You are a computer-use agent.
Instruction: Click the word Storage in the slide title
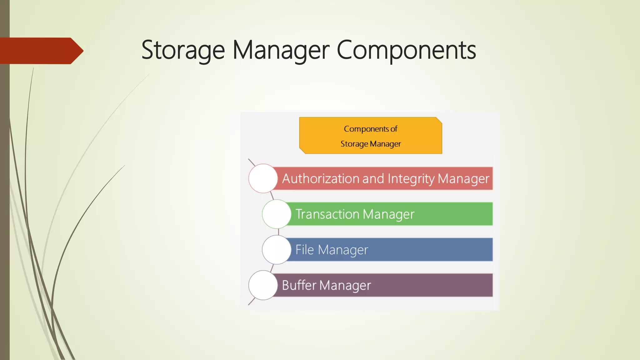(183, 50)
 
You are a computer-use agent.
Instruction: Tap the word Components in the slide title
(406, 50)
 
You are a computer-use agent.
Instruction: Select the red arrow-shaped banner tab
(41, 51)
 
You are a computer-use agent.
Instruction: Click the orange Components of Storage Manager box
(370, 136)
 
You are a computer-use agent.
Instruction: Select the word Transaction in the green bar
(327, 214)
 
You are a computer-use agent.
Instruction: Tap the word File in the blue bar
(304, 250)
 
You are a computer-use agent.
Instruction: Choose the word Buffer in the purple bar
(299, 285)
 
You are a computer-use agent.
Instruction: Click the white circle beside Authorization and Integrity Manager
(263, 178)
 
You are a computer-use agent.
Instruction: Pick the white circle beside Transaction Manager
(277, 214)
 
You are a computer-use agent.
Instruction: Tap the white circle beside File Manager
(277, 250)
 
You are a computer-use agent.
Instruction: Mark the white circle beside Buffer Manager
(263, 285)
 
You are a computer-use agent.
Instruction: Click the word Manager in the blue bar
(343, 250)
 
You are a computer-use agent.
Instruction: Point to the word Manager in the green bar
(388, 214)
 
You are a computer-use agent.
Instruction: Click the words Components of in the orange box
(371, 129)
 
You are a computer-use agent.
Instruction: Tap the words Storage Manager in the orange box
(371, 144)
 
